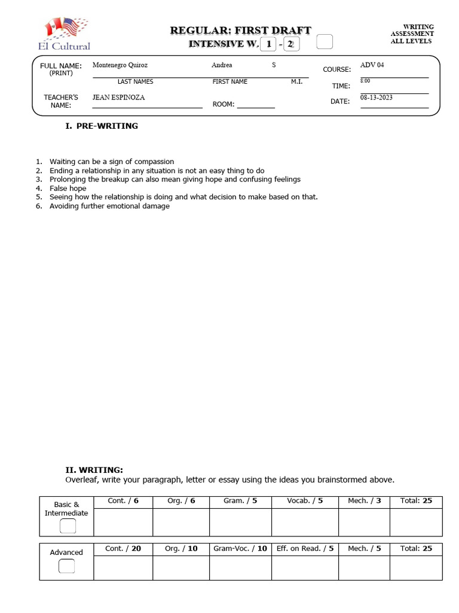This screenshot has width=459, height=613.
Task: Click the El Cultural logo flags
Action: coord(66,29)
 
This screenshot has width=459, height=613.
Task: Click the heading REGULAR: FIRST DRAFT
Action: coord(240,31)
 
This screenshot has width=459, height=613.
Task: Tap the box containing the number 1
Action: coord(269,44)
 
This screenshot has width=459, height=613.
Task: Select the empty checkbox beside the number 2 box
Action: coord(324,42)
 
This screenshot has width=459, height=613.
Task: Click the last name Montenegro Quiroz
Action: coord(120,65)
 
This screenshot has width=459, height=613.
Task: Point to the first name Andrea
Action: coord(222,65)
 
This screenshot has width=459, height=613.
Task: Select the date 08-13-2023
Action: coord(376,97)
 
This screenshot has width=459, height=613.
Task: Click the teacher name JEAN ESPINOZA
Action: coord(118,97)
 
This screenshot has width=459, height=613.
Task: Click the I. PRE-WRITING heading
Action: coord(102,126)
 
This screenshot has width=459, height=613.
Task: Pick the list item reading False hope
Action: coord(68,188)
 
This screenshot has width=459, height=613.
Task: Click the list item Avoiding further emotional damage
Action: coord(109,206)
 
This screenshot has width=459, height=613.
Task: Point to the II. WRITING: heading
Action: coord(94,470)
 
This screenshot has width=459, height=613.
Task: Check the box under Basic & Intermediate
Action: coord(68,526)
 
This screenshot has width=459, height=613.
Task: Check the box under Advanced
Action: coord(67,566)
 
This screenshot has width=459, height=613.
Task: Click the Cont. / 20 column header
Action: coord(123,548)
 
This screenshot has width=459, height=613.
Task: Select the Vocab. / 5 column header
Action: coord(305,501)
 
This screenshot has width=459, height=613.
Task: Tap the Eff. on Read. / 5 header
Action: coord(305,548)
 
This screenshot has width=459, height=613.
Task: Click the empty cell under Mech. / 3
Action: coord(364,522)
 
